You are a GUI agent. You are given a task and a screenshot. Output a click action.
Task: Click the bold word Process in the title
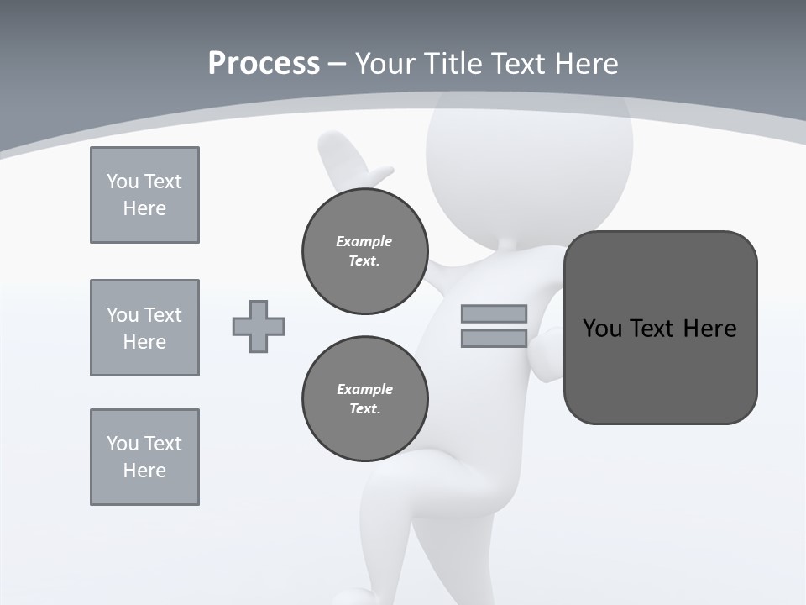[264, 64]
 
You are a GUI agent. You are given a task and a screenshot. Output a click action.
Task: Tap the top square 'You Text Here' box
[144, 195]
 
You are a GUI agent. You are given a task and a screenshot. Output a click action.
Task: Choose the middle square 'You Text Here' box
[144, 328]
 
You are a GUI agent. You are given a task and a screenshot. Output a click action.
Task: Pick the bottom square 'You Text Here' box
[144, 457]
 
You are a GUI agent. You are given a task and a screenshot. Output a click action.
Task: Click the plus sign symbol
[259, 326]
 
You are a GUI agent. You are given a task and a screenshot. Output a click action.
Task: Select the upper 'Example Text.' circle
[365, 251]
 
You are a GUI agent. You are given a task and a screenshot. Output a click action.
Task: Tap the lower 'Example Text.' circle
[365, 399]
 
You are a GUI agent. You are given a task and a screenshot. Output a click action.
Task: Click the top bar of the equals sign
[494, 313]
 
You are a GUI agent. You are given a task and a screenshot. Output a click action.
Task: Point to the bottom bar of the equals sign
[494, 339]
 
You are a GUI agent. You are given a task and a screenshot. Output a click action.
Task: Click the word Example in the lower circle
[364, 389]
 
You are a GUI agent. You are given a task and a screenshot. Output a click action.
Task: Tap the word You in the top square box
[121, 181]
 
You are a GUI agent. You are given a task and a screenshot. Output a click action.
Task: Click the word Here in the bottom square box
[144, 471]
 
